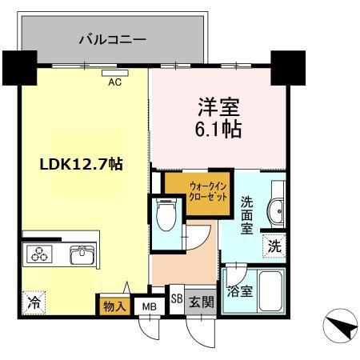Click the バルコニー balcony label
(x=111, y=38)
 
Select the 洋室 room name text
(x=214, y=106)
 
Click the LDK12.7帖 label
(x=81, y=165)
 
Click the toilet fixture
(x=165, y=214)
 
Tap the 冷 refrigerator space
(x=34, y=302)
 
